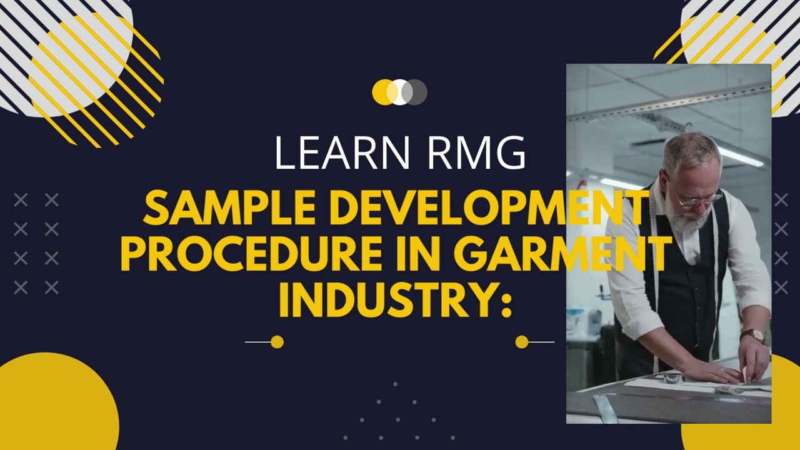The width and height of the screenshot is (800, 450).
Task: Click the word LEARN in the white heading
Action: pyautogui.click(x=338, y=153)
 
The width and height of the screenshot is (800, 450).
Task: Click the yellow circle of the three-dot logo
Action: pyautogui.click(x=381, y=92)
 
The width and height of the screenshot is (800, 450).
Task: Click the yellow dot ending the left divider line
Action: pyautogui.click(x=277, y=342)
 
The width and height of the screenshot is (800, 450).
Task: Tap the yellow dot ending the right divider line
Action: pyautogui.click(x=522, y=342)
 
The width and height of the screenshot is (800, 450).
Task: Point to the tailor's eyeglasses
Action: pyautogui.click(x=694, y=200)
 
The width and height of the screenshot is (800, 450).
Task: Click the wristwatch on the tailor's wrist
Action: pyautogui.click(x=754, y=336)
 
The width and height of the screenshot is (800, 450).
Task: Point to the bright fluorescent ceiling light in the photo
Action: pyautogui.click(x=741, y=156)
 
